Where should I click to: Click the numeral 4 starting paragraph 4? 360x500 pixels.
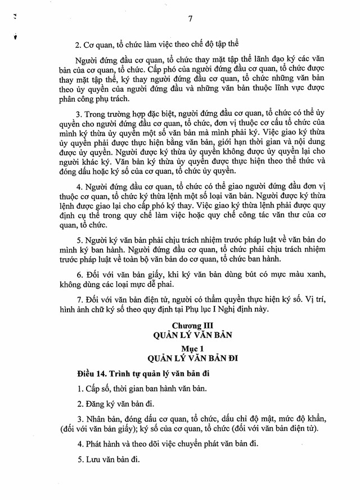coord(78,187)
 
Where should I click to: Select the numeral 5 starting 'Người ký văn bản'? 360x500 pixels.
coord(78,238)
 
